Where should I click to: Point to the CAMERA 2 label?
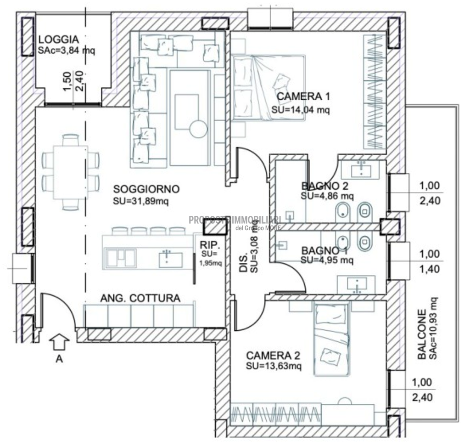(273, 355)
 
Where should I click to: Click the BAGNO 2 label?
(325, 186)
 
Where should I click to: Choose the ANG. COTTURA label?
(140, 298)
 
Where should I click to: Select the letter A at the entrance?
(59, 360)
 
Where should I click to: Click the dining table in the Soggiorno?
(71, 171)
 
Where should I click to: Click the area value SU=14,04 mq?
(301, 110)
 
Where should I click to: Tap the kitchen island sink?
(170, 259)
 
